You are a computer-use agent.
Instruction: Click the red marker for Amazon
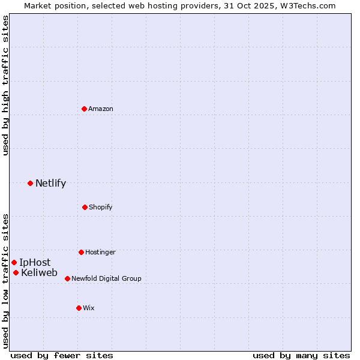click(84, 109)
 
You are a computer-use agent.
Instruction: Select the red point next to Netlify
click(30, 183)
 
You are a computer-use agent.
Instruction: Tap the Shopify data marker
click(85, 207)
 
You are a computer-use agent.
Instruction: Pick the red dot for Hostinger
click(81, 252)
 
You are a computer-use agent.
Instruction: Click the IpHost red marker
click(14, 262)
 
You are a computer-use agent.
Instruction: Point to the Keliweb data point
click(16, 273)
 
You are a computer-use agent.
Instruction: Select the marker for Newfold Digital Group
click(67, 278)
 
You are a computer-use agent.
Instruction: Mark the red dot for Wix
click(79, 308)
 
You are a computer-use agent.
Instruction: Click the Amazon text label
click(101, 109)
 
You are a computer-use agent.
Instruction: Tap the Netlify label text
click(50, 184)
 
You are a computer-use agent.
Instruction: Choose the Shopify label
click(101, 207)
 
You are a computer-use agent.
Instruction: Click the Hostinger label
click(100, 252)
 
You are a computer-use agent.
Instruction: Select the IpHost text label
click(35, 262)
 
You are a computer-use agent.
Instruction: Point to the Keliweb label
click(39, 273)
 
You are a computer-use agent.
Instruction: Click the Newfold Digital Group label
click(106, 278)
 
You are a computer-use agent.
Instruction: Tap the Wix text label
click(89, 308)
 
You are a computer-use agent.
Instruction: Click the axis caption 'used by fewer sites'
click(62, 355)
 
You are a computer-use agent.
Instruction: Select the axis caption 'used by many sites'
click(301, 355)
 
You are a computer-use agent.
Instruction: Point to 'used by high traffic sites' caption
click(5, 85)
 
